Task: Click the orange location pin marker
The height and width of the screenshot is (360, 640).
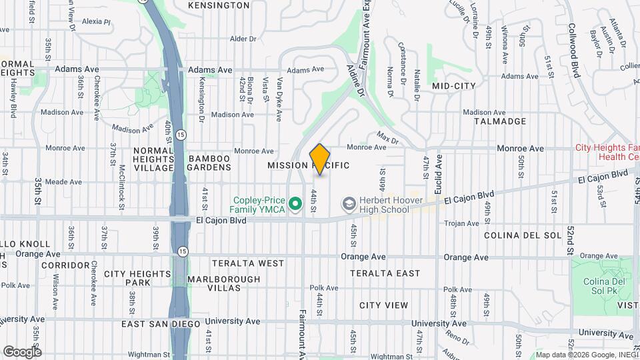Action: point(320,159)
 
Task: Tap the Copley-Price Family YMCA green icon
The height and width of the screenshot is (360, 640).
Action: point(295,201)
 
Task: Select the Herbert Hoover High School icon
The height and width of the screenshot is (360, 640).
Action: point(349,202)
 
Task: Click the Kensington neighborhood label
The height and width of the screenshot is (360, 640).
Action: point(219,5)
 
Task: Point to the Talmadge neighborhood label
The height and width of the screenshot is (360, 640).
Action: point(500,121)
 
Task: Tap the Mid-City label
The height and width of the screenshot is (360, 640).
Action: point(454,86)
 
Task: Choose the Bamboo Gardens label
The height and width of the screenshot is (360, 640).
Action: point(209,164)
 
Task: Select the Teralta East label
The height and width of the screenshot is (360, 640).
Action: point(385,273)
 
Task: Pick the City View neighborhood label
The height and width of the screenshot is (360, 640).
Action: point(383,305)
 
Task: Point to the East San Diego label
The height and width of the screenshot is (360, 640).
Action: point(161,324)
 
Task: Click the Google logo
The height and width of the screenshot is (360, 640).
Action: point(22,351)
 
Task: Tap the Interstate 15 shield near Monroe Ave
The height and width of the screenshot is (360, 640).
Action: point(182,135)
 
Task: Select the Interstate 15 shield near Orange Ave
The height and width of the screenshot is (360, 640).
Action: point(183,251)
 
